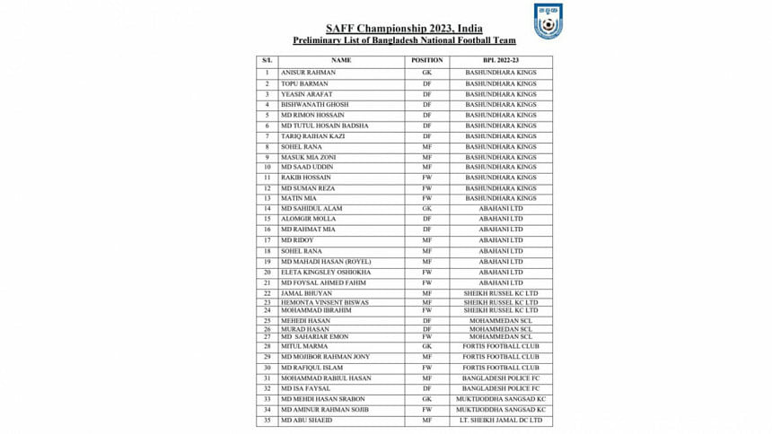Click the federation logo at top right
coord(548,22)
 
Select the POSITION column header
coord(427,60)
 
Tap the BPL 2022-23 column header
coord(501,60)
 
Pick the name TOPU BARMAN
coord(303,82)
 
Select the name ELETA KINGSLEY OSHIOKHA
coord(326,273)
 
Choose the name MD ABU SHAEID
coord(306,420)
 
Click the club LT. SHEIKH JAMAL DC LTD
coord(501,420)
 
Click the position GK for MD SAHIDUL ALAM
coord(427,209)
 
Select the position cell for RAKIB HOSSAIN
coord(427,178)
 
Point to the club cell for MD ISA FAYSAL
coord(501,388)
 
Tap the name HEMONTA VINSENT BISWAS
coord(324,302)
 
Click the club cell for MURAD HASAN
coord(501,328)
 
